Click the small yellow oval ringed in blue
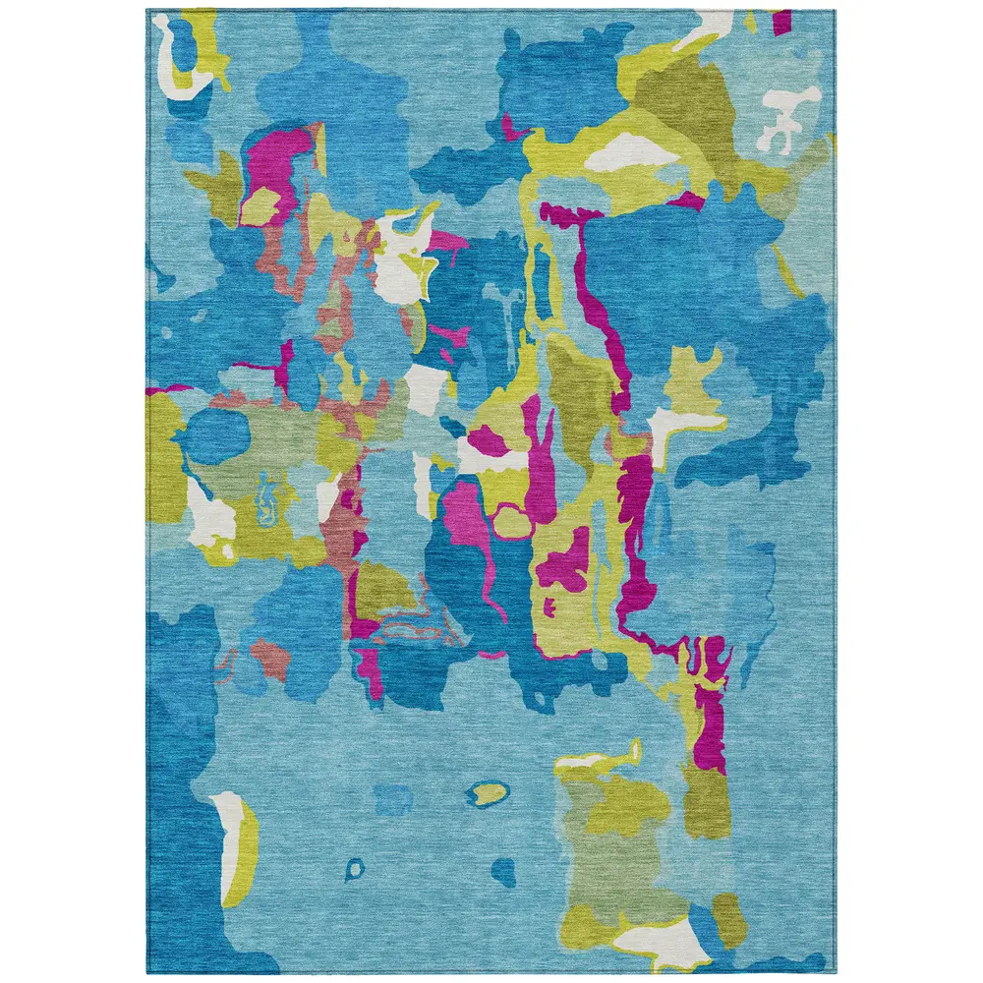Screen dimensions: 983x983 click(x=489, y=791)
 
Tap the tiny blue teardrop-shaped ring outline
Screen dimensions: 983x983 click(x=354, y=868)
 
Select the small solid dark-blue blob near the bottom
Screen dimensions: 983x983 click(x=504, y=869)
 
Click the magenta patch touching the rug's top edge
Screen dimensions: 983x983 click(x=781, y=20)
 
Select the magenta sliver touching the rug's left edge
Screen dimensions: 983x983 click(x=157, y=390)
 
